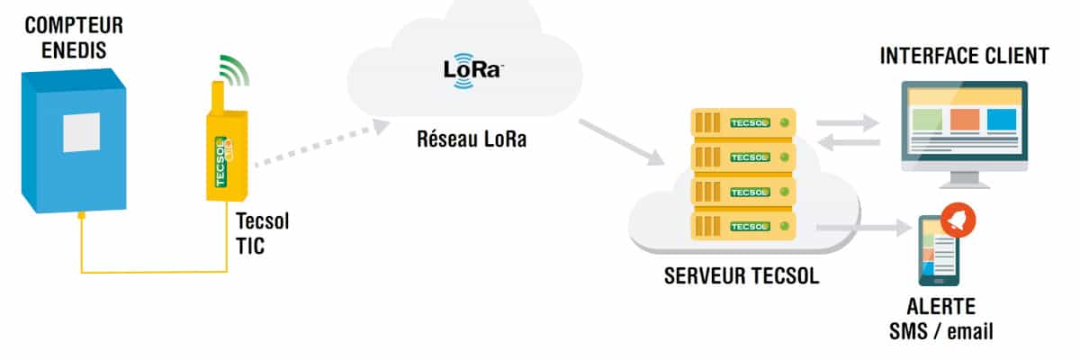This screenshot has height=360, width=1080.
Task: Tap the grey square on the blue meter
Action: pyautogui.click(x=81, y=132)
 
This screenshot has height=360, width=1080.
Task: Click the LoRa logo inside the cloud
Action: pyautogui.click(x=471, y=71)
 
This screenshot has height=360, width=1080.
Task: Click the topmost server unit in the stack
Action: pyautogui.click(x=742, y=122)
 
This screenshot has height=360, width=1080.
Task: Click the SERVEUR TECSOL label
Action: pyautogui.click(x=742, y=276)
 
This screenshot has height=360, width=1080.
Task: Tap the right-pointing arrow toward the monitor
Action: pyautogui.click(x=847, y=122)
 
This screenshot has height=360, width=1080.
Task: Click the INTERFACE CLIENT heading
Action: pyautogui.click(x=963, y=57)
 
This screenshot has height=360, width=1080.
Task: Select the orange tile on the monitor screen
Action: pyautogui.click(x=964, y=121)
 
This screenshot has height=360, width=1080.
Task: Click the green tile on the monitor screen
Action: pyautogui.click(x=927, y=121)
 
